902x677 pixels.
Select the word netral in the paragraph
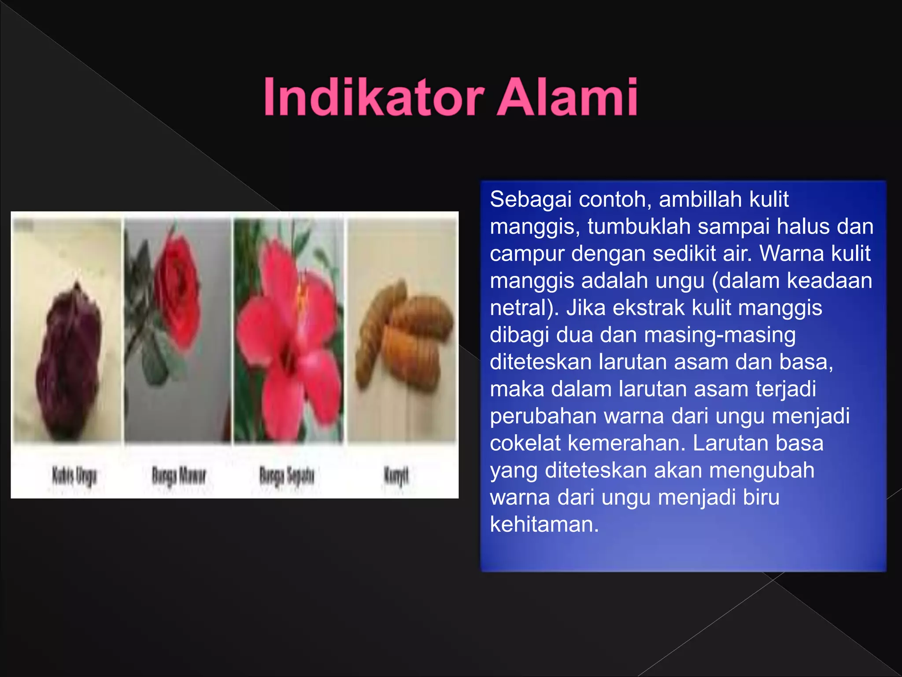[x=520, y=308]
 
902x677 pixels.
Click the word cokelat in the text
[x=525, y=443]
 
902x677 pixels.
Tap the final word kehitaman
[x=544, y=524]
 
